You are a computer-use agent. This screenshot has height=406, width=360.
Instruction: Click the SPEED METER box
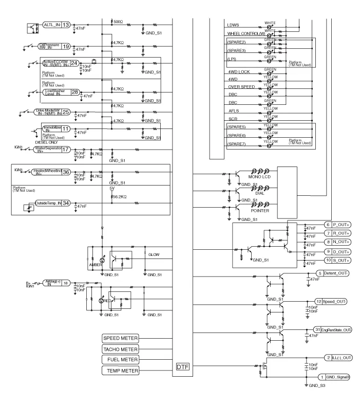click(121, 339)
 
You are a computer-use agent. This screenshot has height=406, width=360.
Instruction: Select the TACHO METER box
click(121, 349)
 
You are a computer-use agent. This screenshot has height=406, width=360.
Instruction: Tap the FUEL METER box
click(121, 359)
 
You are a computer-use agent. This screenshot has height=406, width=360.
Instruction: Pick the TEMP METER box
click(121, 370)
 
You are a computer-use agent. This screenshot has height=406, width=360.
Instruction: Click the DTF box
click(183, 367)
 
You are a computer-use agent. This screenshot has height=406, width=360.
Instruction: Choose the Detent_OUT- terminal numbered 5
click(333, 273)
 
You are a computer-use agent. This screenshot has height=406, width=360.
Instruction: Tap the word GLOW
click(154, 254)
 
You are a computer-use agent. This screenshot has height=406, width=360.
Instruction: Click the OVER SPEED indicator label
click(240, 87)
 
